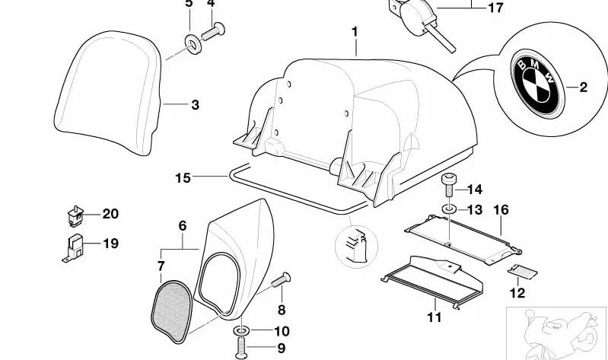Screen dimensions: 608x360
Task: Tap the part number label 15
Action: tap(183, 178)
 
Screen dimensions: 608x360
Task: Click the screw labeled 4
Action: tap(213, 31)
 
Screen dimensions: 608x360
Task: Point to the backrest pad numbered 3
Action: tap(108, 92)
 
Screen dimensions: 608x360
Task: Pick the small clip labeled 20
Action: tap(75, 216)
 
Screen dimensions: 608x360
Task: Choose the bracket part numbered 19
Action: tap(73, 247)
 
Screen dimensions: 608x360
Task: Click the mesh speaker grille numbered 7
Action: tap(172, 311)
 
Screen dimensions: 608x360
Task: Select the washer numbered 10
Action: tap(242, 331)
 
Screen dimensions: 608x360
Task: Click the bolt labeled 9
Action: tap(241, 347)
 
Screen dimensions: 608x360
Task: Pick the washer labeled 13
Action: tap(449, 209)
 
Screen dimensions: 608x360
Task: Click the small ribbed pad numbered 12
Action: tap(522, 271)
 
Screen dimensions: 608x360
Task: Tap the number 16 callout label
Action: tap(501, 210)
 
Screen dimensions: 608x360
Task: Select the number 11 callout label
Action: tap(435, 317)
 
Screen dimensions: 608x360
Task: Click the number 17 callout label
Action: tap(495, 8)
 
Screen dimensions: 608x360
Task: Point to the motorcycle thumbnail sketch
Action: tap(557, 333)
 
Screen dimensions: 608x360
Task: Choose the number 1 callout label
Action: tap(355, 32)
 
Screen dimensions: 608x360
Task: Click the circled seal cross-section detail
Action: tap(356, 247)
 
